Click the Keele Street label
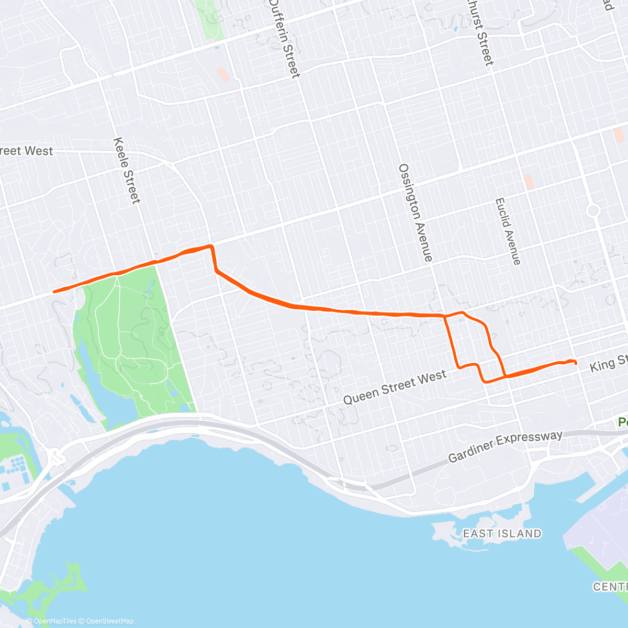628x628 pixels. [x=127, y=171]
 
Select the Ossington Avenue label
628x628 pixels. [x=416, y=212]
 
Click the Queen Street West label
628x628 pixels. [x=395, y=387]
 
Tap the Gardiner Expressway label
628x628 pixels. [x=506, y=446]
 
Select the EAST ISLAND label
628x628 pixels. [x=502, y=533]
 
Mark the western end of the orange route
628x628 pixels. [x=54, y=291]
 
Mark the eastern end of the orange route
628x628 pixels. [x=575, y=363]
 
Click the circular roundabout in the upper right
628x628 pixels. [x=593, y=210]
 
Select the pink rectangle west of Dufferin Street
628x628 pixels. [x=223, y=74]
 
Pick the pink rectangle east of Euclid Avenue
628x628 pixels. [x=529, y=182]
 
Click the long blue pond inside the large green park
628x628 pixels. [x=89, y=366]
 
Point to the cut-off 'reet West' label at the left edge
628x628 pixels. [x=26, y=151]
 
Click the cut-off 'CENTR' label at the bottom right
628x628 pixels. [x=610, y=587]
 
